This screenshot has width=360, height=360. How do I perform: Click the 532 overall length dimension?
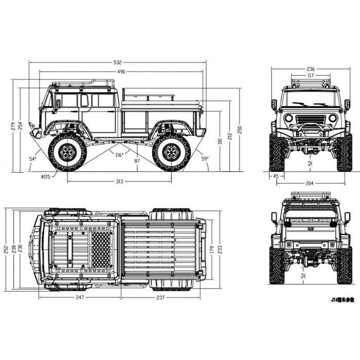tap(117, 63)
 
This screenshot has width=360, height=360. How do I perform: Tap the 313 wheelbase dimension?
tap(119, 181)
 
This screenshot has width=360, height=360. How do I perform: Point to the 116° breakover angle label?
tap(119, 155)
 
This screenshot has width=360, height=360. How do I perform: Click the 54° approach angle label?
tap(33, 159)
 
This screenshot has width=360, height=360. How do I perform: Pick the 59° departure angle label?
tap(205, 159)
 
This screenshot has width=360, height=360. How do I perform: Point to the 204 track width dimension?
tap(310, 183)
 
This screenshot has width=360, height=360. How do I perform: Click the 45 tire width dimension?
tap(275, 176)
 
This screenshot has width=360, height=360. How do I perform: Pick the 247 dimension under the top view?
tap(80, 297)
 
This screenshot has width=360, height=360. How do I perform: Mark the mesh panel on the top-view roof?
tap(101, 248)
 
